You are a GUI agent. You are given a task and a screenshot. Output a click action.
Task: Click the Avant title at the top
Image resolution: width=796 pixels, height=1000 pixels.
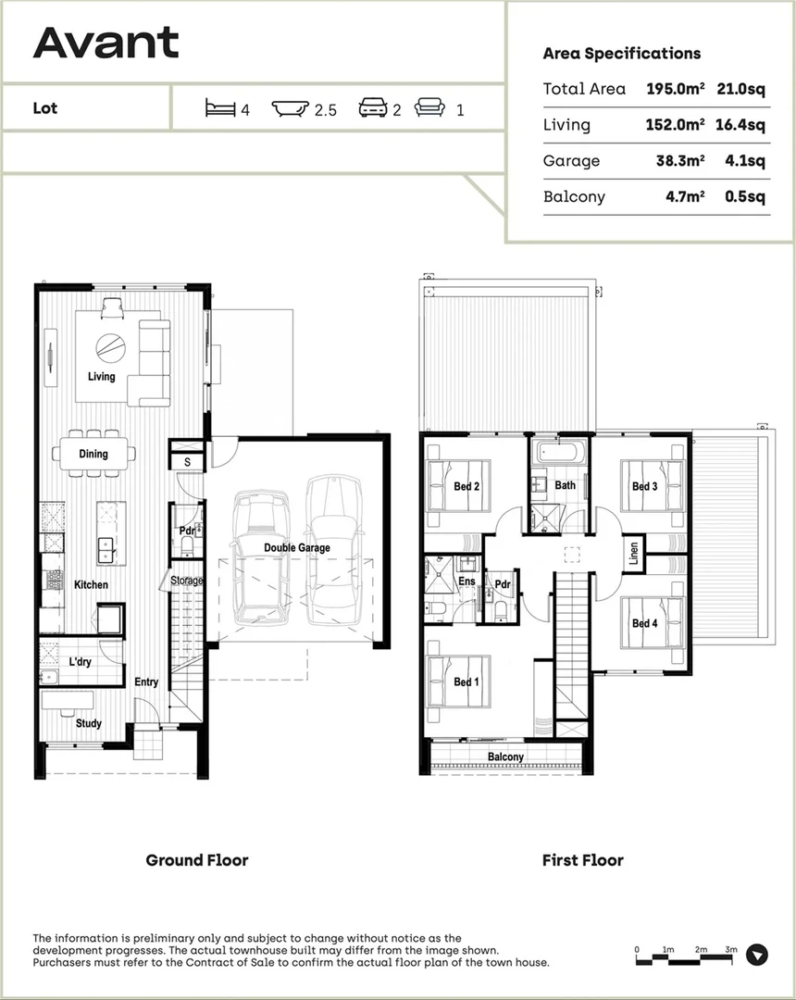[x=106, y=43]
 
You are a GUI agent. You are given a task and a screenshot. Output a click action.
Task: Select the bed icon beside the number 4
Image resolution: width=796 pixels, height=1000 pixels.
[x=220, y=109]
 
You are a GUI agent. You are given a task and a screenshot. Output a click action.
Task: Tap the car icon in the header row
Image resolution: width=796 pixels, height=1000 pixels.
[x=373, y=108]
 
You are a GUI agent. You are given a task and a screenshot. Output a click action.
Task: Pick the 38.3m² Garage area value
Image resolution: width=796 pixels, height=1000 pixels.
[x=679, y=161]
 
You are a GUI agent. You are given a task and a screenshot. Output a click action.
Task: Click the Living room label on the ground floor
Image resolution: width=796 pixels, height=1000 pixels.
[x=101, y=376]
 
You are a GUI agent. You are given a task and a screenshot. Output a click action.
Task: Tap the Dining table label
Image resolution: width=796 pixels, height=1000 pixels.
[x=93, y=454]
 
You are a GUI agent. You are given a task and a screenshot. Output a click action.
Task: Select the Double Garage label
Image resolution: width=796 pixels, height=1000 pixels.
[x=296, y=548]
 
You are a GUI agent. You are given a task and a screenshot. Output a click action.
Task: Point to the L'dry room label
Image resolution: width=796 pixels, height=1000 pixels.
[x=78, y=662]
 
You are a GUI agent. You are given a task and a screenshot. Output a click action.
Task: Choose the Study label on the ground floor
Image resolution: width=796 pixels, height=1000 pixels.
[x=89, y=723]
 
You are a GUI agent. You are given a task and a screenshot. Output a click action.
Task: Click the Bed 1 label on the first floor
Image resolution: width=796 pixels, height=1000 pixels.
[x=466, y=682]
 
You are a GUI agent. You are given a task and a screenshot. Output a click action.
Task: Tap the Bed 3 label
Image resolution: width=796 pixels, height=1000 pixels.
[x=644, y=486]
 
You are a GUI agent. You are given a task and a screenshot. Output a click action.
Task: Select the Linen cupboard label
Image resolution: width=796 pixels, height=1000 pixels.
[x=634, y=554]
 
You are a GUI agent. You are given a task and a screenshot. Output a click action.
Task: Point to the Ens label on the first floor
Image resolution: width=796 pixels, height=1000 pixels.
[x=466, y=581]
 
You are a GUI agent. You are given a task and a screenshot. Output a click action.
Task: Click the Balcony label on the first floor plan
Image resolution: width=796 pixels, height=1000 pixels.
[x=505, y=756]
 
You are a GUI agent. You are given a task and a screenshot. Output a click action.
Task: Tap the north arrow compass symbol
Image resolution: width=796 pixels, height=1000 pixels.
[x=757, y=955]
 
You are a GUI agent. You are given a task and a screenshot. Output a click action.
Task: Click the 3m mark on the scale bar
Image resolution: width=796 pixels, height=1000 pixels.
[x=730, y=950]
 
